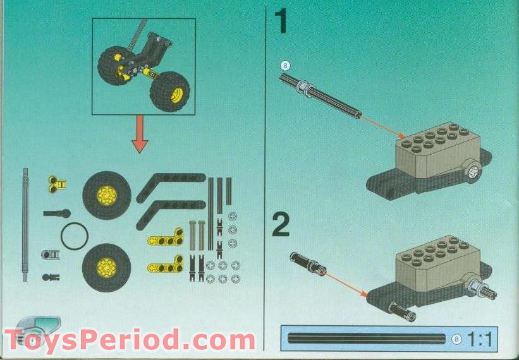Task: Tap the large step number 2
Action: click(x=282, y=225)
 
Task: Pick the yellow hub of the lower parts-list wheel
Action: click(x=106, y=268)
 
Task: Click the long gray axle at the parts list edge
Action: click(x=25, y=224)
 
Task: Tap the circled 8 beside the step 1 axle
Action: click(x=285, y=64)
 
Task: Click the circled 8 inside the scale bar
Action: click(x=457, y=339)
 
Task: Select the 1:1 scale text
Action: click(x=481, y=339)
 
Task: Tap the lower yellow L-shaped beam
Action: click(x=164, y=267)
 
